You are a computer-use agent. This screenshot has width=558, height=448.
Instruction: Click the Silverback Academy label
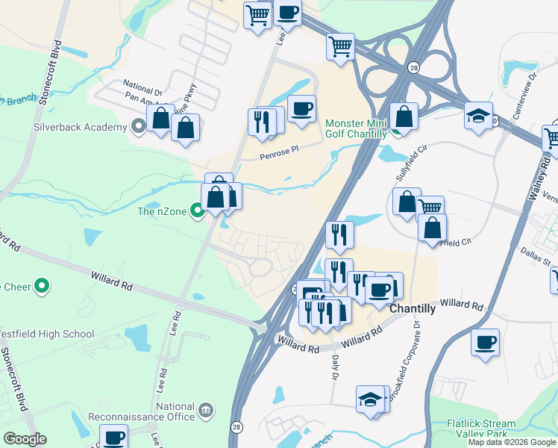coord(80,127)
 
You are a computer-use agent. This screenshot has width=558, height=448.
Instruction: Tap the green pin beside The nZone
coord(197,211)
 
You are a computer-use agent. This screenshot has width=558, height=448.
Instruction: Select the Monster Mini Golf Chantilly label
coord(356,128)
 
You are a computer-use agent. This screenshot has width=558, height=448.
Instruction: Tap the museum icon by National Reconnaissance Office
coord(206,410)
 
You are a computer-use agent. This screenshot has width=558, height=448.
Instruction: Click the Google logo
coord(25,439)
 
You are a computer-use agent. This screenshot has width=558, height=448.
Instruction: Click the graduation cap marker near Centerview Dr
coord(478,116)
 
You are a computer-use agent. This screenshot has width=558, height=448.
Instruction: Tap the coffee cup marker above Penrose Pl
coord(301,109)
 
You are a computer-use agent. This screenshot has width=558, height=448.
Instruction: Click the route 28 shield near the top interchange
coord(413,67)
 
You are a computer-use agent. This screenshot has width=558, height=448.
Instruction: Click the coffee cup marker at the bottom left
coord(114,437)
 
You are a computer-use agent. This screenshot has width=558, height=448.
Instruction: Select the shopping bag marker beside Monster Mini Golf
coord(404,116)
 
